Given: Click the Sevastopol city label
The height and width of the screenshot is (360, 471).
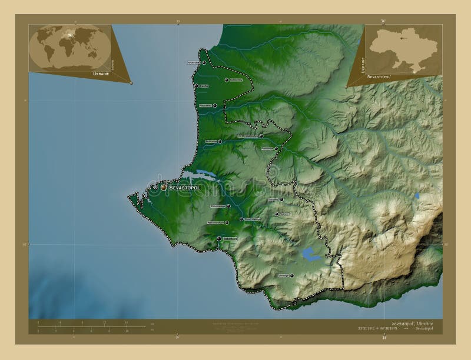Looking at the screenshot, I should tap(185, 187).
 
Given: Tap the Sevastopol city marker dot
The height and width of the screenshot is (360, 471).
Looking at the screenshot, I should tap(164, 187).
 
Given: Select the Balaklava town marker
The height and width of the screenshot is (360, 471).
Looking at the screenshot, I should tap(219, 238).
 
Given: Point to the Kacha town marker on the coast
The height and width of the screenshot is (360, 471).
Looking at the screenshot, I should tap(195, 86).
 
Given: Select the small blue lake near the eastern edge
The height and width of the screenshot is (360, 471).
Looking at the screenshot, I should tap(417, 195).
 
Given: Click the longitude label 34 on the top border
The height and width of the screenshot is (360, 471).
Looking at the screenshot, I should tap(383, 21).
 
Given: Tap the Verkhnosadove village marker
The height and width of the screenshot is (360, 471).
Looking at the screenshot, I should tap(261, 136).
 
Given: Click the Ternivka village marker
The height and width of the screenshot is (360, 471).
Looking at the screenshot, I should tap(282, 199).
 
